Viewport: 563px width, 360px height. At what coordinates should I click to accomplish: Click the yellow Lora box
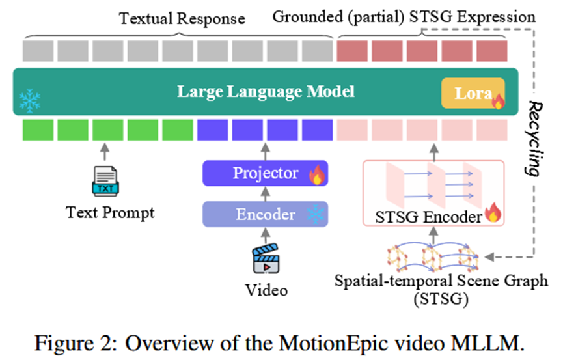click(473, 93)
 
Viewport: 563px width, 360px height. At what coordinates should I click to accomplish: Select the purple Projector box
click(266, 174)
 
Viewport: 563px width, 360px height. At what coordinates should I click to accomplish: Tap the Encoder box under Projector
click(266, 214)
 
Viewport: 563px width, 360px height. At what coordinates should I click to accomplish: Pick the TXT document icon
click(104, 180)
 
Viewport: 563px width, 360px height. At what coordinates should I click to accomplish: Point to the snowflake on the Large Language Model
click(30, 100)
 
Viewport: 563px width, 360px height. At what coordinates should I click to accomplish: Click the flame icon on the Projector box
click(318, 174)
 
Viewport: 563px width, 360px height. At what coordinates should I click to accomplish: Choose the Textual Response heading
click(182, 18)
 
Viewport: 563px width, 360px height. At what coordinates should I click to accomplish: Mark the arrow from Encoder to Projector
click(266, 194)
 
